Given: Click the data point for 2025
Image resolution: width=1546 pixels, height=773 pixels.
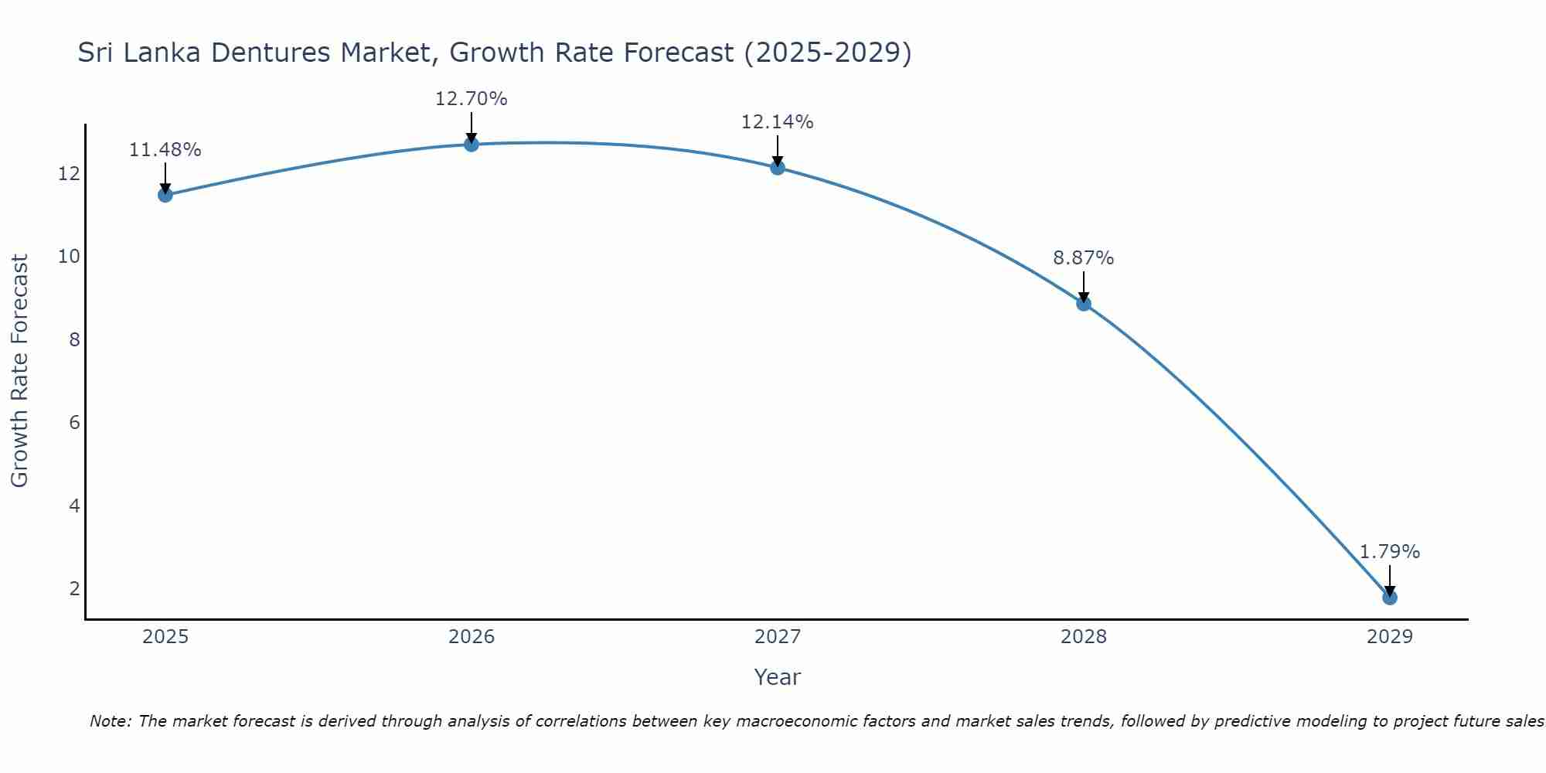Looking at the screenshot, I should pyautogui.click(x=165, y=195).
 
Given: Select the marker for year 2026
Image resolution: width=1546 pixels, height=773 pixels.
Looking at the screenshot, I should pyautogui.click(x=471, y=145).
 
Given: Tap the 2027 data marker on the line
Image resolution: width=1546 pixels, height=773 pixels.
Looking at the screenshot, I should pyautogui.click(x=777, y=168).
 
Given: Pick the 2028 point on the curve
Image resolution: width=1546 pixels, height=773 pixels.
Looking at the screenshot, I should pyautogui.click(x=1083, y=304).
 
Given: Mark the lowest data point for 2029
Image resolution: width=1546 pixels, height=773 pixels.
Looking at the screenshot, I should pyautogui.click(x=1389, y=598).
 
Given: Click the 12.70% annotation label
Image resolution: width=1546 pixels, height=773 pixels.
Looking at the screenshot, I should pyautogui.click(x=471, y=99).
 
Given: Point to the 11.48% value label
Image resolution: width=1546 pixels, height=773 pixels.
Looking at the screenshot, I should pyautogui.click(x=165, y=150).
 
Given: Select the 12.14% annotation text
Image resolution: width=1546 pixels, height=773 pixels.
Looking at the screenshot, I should pyautogui.click(x=777, y=122).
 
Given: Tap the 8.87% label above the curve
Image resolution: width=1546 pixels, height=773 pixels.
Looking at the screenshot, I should pyautogui.click(x=1083, y=258).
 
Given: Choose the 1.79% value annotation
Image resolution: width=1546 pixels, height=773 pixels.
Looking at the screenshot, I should pyautogui.click(x=1389, y=552).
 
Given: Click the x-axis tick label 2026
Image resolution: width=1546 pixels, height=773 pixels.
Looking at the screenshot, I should pyautogui.click(x=471, y=637).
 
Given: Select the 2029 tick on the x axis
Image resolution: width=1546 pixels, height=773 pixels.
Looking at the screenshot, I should pyautogui.click(x=1389, y=637).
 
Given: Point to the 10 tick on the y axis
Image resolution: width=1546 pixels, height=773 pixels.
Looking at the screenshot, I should pyautogui.click(x=70, y=256).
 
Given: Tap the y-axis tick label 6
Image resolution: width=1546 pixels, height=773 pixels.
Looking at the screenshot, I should pyautogui.click(x=74, y=422).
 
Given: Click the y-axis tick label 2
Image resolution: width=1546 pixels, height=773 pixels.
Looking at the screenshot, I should pyautogui.click(x=74, y=589).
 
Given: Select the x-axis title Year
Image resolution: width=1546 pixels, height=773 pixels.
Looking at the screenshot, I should pyautogui.click(x=777, y=677).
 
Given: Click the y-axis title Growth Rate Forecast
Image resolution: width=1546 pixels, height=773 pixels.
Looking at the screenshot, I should pyautogui.click(x=19, y=371).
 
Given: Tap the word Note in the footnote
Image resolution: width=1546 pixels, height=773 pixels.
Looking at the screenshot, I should pyautogui.click(x=110, y=721).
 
